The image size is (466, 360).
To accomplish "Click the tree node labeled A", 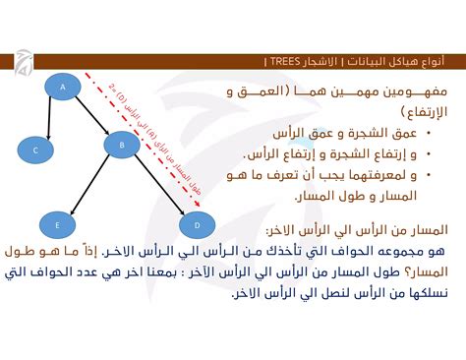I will [63, 89].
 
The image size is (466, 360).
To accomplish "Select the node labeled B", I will [122, 146].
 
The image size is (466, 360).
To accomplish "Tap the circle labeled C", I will [35, 150].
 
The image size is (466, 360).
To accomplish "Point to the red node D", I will [197, 225].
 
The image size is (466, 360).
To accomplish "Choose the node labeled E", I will [57, 225].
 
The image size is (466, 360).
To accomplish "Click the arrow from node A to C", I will [49, 117].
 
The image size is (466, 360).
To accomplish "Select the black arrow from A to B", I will [92, 117].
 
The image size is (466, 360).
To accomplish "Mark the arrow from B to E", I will [89, 186].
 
